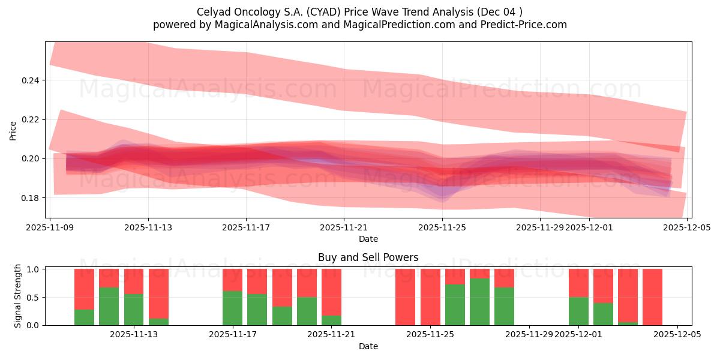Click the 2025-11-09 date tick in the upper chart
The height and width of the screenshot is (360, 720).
[50, 227]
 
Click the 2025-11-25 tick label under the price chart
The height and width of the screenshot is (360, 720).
[442, 227]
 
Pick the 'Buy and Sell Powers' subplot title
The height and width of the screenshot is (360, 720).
[368, 257]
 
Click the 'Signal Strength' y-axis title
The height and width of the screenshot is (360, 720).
[18, 296]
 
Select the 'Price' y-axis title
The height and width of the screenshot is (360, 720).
[13, 130]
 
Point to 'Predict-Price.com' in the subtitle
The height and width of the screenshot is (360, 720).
[526, 25]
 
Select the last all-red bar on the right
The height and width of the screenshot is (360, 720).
[652, 297]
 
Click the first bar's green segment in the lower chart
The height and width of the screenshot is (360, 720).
[84, 317]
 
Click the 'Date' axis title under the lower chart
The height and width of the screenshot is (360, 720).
[368, 346]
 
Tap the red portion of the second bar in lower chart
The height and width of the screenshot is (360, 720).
[109, 278]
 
